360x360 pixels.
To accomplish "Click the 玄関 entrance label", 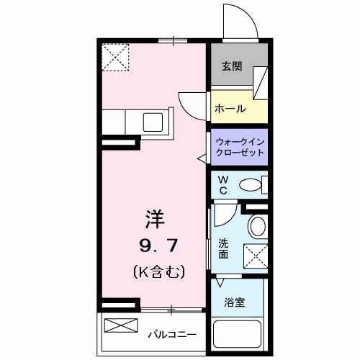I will [x=231, y=66].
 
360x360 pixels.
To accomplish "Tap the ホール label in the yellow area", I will [x=230, y=109].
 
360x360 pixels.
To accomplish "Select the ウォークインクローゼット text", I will [x=240, y=147].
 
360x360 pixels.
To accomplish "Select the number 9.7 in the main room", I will [x=158, y=246].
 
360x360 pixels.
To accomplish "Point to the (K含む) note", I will [x=159, y=272].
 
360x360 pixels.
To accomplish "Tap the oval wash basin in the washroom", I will [x=256, y=228].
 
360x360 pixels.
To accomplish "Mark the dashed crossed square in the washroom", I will [x=256, y=256].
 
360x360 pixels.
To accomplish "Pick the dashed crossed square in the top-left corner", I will [x=115, y=57].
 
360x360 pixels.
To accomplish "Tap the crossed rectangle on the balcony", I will [x=121, y=325].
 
